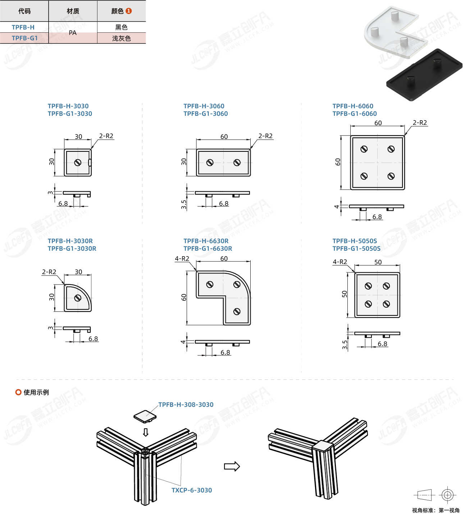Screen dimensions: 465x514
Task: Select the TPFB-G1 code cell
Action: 24,38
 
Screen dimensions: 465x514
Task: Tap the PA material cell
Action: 73,33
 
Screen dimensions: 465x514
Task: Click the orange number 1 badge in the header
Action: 129,11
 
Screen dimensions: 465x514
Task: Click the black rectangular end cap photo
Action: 424,75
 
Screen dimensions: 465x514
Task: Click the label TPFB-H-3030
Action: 68,106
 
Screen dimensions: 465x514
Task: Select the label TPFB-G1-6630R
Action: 208,249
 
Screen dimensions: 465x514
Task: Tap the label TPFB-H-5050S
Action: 355,241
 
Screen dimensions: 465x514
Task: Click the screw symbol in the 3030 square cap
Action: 78,163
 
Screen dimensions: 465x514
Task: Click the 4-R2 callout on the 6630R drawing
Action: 182,259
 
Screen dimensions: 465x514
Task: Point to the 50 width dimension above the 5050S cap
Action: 378,262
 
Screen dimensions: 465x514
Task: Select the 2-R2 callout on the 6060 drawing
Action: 420,123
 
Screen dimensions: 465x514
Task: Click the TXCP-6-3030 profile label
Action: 192,490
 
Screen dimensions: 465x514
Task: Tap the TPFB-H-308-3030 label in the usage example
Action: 186,405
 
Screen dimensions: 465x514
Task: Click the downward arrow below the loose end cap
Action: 146,432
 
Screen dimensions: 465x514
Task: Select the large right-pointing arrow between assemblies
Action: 232,467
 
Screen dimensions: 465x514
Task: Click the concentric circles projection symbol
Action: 447,495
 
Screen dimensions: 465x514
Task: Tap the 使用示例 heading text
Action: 36,392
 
